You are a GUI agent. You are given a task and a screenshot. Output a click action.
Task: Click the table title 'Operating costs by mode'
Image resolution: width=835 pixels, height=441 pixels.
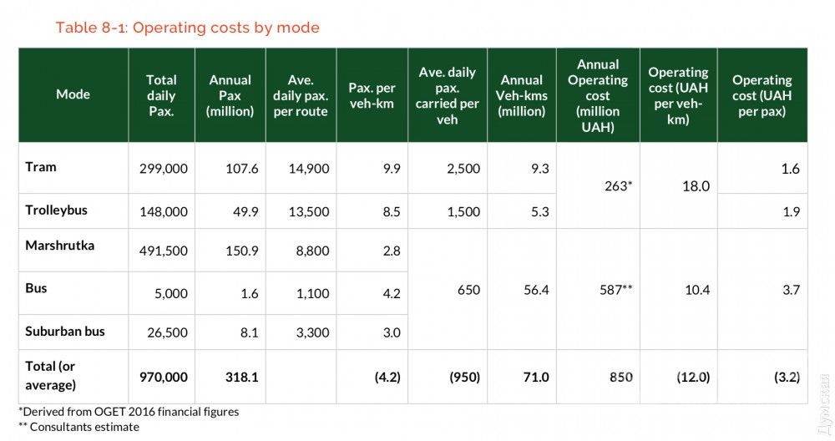click(x=187, y=28)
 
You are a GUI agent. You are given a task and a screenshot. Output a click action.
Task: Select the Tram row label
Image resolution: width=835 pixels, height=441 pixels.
click(x=41, y=167)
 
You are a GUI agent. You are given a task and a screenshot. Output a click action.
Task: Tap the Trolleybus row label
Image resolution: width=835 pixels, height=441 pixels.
click(x=56, y=210)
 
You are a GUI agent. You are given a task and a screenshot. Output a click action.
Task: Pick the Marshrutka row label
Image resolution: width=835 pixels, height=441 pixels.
click(x=59, y=246)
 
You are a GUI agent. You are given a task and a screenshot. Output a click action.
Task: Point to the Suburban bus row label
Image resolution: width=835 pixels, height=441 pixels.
click(x=65, y=331)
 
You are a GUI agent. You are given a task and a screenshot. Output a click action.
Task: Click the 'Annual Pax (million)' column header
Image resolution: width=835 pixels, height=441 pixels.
click(x=230, y=95)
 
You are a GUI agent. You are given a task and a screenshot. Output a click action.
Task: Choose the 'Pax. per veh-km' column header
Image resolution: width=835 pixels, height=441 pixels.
click(x=372, y=95)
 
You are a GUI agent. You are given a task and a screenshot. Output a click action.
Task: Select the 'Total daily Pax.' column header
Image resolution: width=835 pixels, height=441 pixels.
click(x=161, y=95)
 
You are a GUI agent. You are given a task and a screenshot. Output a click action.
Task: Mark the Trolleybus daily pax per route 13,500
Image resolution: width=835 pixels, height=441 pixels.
click(x=308, y=211)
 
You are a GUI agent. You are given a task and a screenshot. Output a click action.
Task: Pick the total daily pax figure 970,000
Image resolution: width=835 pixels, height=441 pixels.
click(x=163, y=377)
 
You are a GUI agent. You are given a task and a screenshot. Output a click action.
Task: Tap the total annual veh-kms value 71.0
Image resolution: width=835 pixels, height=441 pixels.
click(x=535, y=377)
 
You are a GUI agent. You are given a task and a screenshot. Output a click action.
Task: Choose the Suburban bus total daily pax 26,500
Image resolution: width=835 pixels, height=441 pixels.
click(x=166, y=332)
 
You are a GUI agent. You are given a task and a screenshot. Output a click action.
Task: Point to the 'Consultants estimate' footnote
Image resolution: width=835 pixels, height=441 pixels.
click(x=78, y=427)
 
